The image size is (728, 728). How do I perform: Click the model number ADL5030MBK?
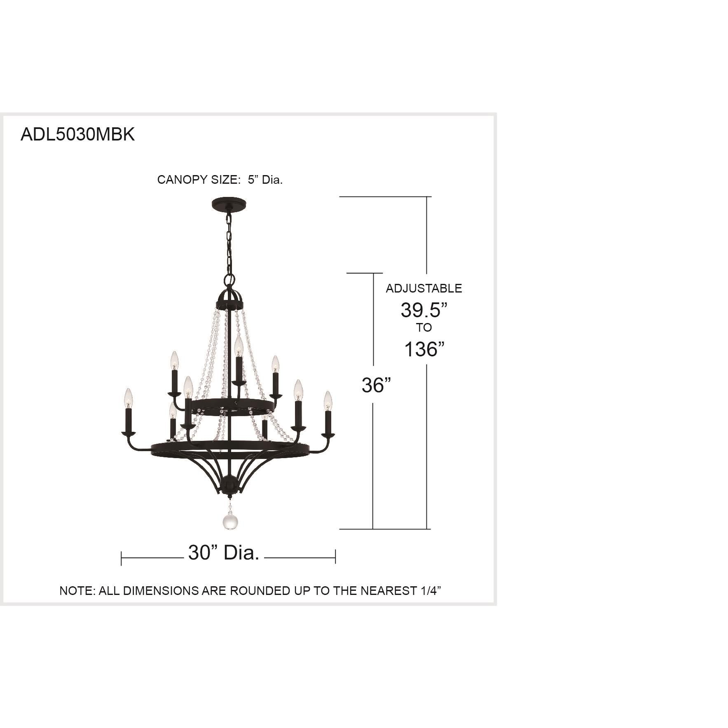pos(77,134)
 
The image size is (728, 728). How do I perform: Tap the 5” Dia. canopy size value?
pos(265,180)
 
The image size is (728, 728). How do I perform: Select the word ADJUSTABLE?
pos(424,288)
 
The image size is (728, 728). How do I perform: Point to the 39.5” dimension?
pos(424,310)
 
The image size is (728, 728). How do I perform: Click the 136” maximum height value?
pos(424,349)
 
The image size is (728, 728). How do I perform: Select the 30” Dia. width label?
pos(224,552)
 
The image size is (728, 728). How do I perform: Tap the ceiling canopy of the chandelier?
pos(228,204)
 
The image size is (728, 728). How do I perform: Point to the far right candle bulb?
pos(328,400)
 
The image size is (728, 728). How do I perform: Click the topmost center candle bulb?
pos(238,346)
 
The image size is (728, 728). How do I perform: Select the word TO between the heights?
pos(424,328)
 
